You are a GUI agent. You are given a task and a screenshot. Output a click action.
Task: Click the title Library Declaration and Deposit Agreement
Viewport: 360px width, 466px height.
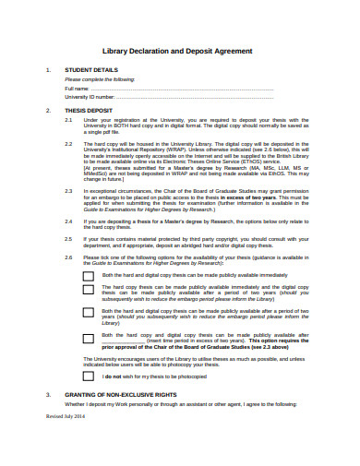pyautogui.click(x=180, y=51)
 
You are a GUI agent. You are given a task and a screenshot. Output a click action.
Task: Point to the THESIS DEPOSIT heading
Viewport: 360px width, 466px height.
pyautogui.click(x=88, y=110)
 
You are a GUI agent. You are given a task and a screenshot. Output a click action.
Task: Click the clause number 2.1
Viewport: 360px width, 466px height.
pyautogui.click(x=68, y=120)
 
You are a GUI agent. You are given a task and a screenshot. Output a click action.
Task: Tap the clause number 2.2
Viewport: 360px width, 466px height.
pyautogui.click(x=68, y=144)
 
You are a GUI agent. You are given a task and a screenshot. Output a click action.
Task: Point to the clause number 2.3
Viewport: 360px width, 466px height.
pyautogui.click(x=68, y=190)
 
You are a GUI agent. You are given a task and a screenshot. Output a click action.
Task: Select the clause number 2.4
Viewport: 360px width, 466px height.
pyautogui.click(x=68, y=221)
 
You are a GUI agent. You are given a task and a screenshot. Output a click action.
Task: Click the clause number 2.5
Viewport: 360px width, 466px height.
pyautogui.click(x=68, y=238)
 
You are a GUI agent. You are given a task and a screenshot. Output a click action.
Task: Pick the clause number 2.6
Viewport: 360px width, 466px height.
pyautogui.click(x=68, y=257)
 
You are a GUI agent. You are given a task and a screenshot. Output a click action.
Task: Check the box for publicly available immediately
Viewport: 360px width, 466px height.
pyautogui.click(x=88, y=275)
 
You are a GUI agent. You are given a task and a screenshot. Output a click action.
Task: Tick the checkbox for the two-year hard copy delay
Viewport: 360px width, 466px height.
pyautogui.click(x=88, y=291)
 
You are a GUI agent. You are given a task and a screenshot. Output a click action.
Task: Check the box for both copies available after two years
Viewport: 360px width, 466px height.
pyautogui.click(x=88, y=315)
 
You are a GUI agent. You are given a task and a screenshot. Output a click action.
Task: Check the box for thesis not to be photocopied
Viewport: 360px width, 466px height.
pyautogui.click(x=88, y=376)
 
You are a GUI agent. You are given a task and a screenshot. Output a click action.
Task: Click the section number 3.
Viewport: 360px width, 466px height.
pyautogui.click(x=47, y=394)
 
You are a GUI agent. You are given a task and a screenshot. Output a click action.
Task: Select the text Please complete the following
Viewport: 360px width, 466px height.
pyautogui.click(x=99, y=79)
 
